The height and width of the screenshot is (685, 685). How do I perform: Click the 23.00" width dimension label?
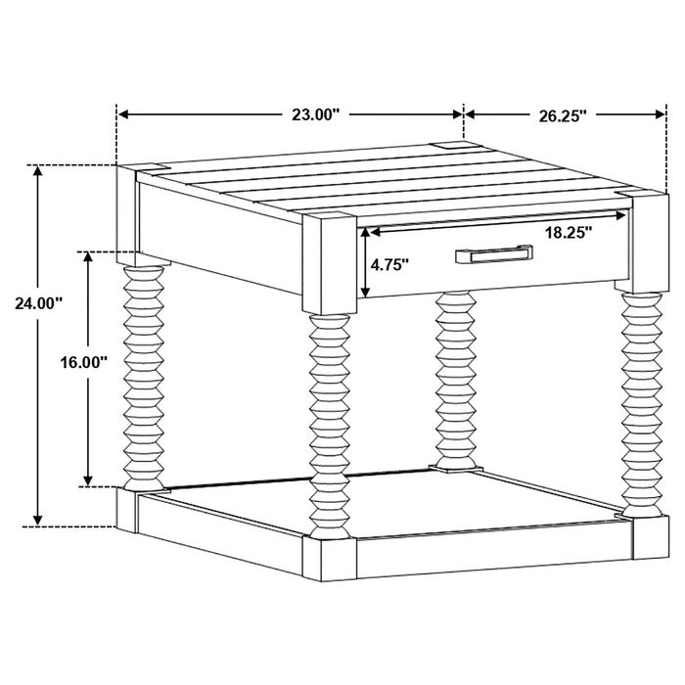click(x=315, y=114)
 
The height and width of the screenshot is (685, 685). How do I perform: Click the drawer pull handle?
click(x=492, y=255)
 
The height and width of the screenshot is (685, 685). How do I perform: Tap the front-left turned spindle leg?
click(x=329, y=421)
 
